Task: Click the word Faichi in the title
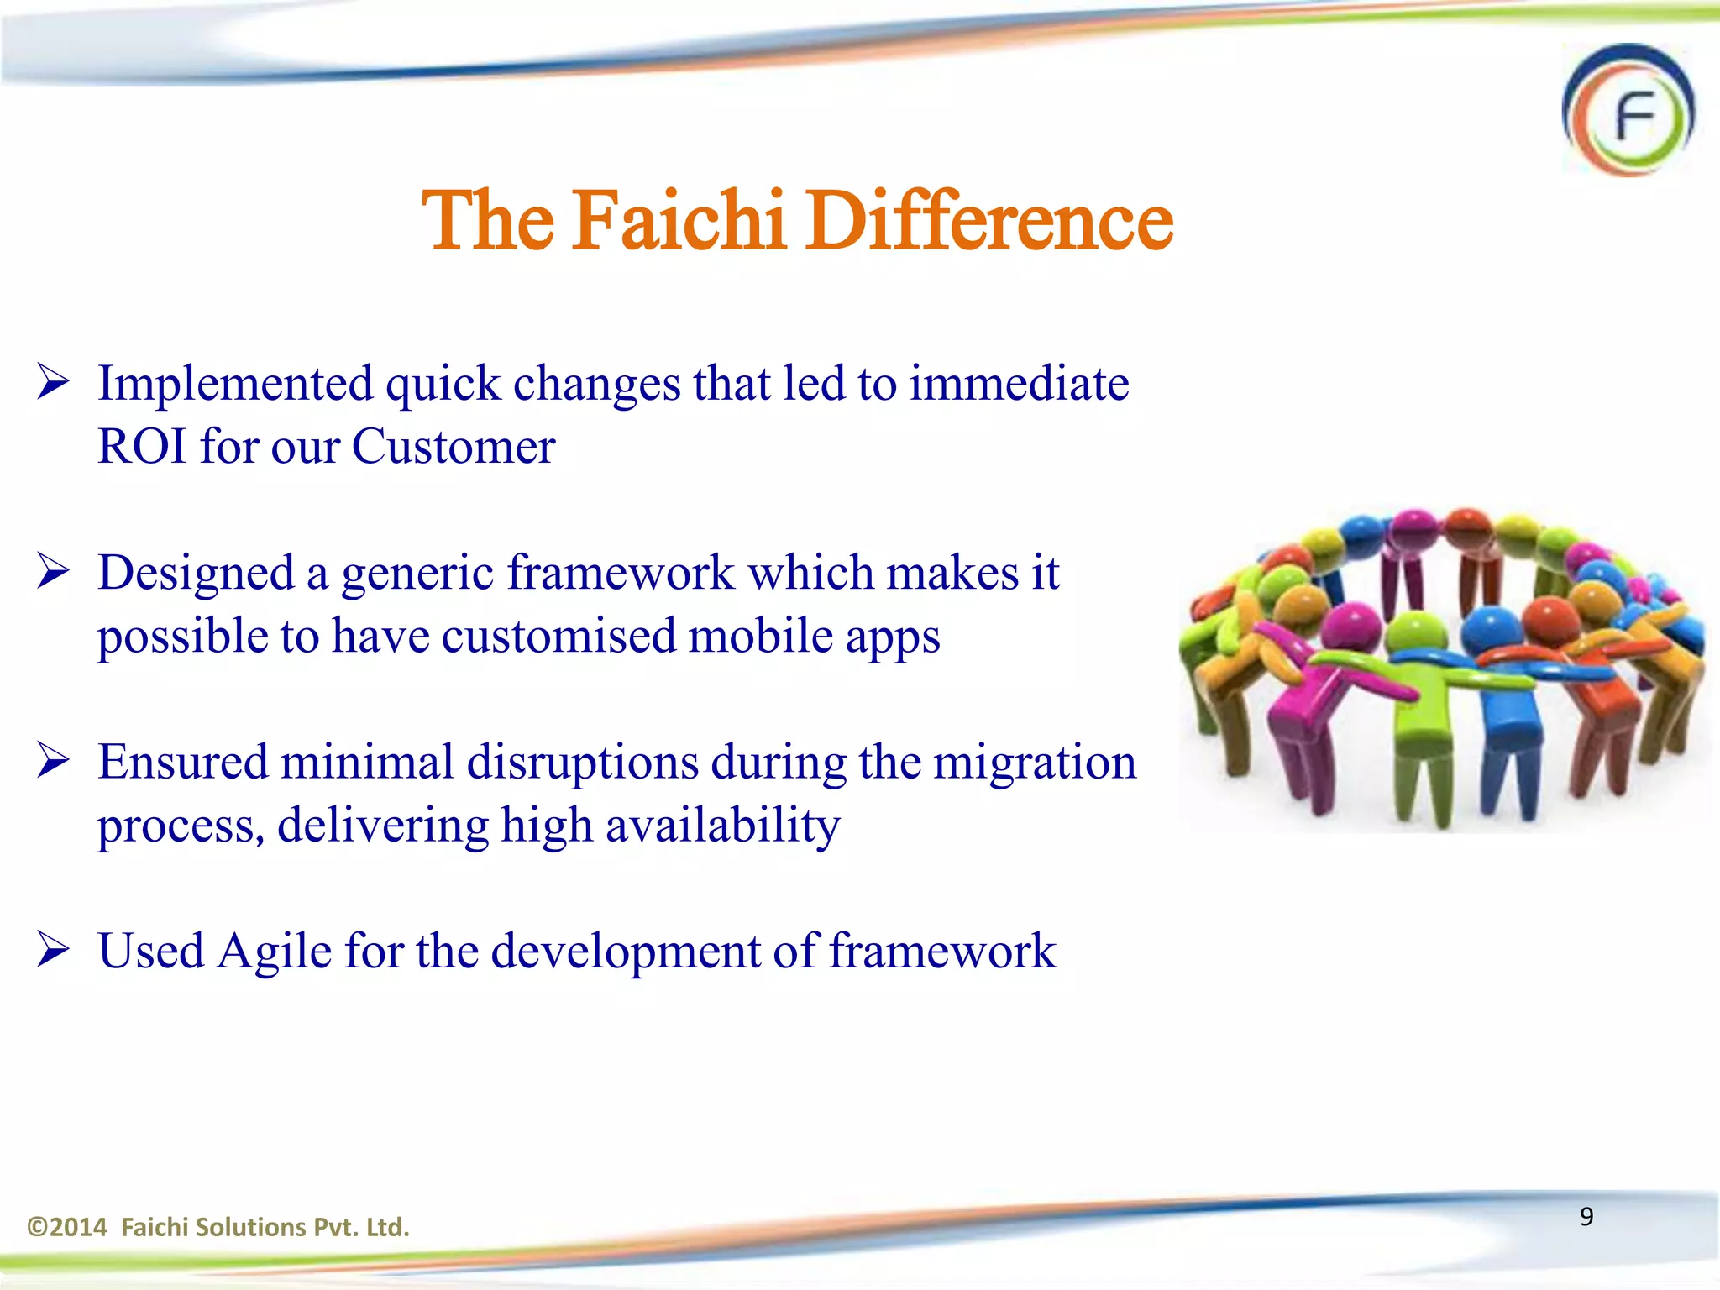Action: coord(679,220)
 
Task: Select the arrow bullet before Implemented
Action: coord(53,384)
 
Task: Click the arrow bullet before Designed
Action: coord(53,573)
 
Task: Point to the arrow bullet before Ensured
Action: coord(53,762)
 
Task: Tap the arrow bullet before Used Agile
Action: coord(53,951)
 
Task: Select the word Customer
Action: coord(453,446)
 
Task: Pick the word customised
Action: coord(558,636)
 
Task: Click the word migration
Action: coord(1034,763)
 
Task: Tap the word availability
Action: coord(722,826)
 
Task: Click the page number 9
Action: coord(1586,1216)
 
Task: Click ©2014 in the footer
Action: coord(67,1227)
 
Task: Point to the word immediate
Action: coord(1019,384)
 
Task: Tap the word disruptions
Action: coord(582,763)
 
